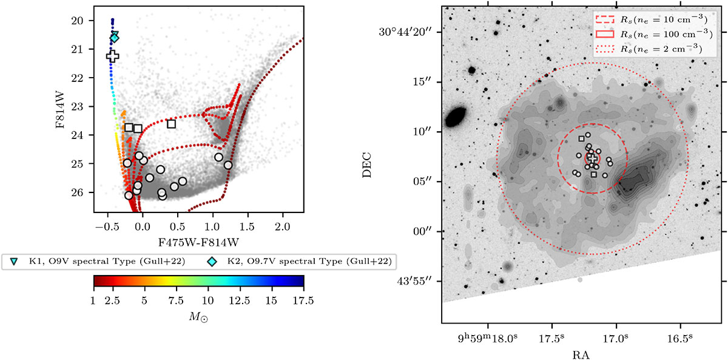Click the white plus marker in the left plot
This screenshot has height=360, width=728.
112,56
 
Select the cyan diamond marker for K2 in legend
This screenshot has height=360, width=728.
212,261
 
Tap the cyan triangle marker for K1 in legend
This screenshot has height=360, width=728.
14,261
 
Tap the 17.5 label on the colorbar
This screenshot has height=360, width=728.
303,301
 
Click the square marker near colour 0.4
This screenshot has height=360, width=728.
172,124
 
